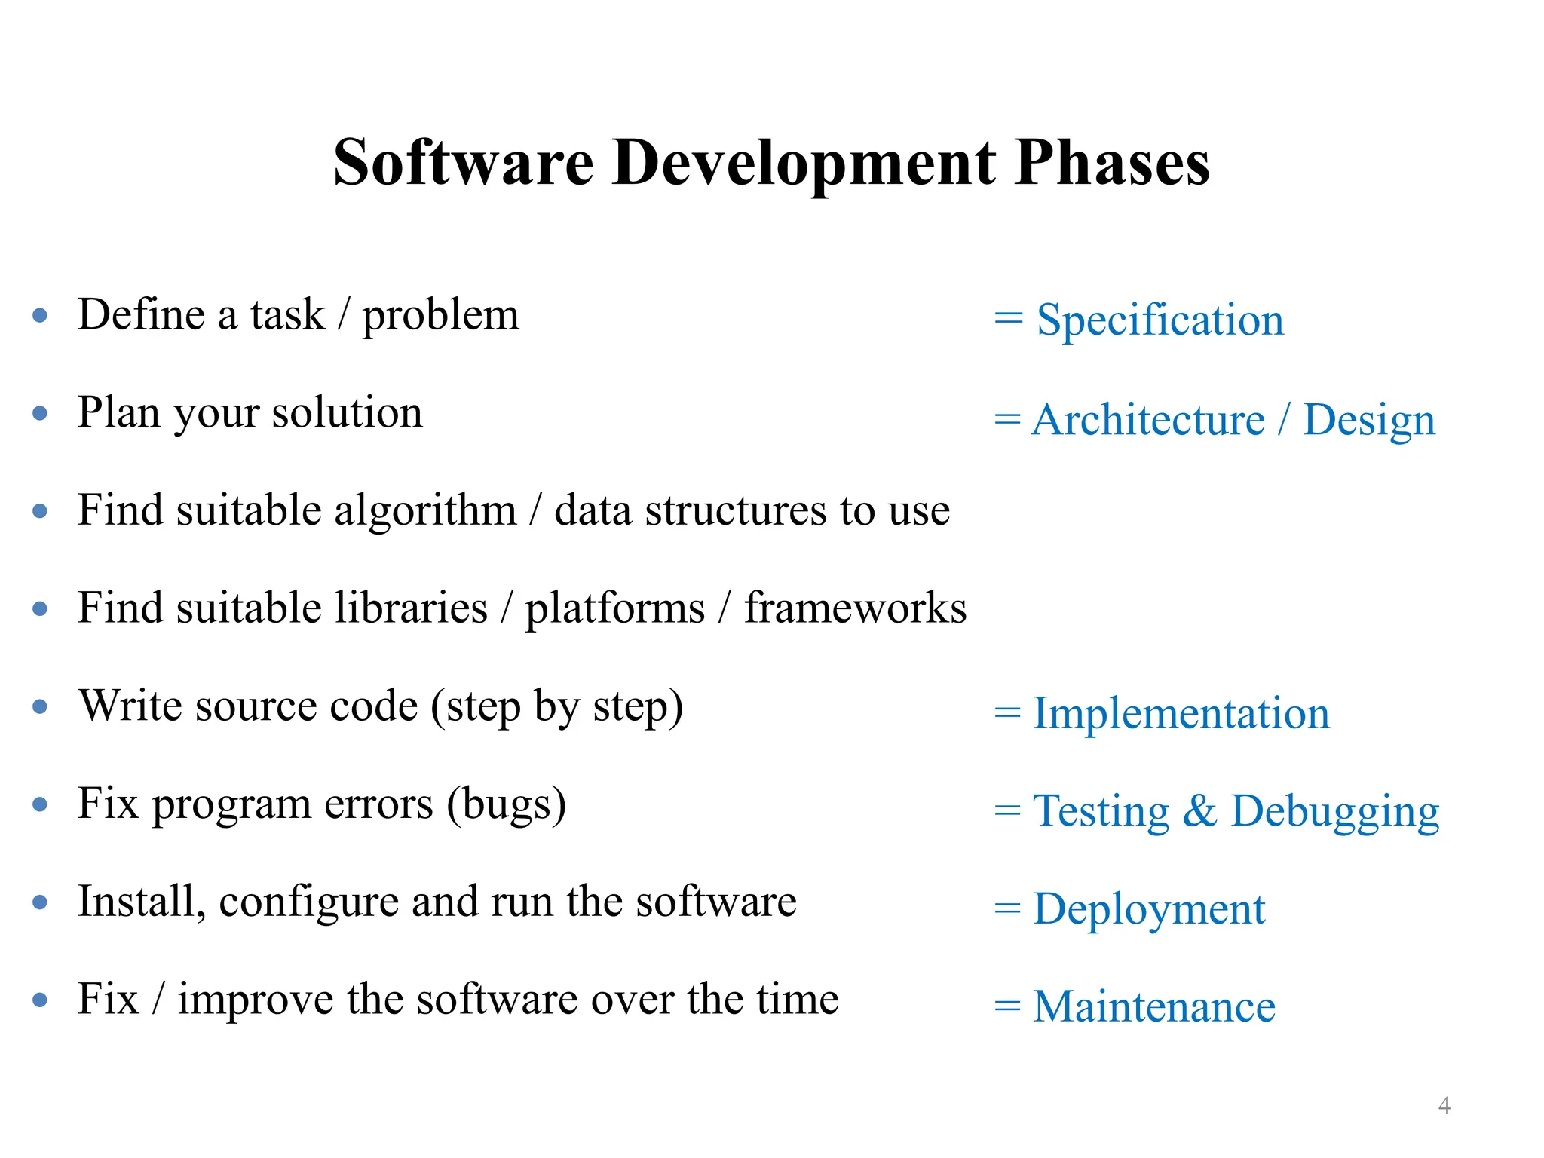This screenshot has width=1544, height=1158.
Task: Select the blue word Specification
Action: (x=1160, y=320)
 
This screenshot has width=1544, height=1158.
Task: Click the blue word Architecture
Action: (x=1147, y=419)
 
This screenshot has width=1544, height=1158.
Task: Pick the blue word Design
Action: (x=1369, y=421)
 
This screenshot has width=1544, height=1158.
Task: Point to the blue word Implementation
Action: (x=1181, y=713)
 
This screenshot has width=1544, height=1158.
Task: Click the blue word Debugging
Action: (x=1334, y=812)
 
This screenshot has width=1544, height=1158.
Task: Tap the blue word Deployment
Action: (x=1148, y=909)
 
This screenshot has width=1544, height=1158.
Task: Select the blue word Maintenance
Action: (x=1153, y=1006)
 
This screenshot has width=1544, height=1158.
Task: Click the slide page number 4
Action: (x=1444, y=1105)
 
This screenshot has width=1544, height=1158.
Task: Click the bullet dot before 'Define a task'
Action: (x=41, y=315)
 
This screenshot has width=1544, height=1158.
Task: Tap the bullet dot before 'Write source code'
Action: (x=41, y=706)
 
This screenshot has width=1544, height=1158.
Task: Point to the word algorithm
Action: (x=425, y=511)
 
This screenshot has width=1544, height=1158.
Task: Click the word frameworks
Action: (x=855, y=608)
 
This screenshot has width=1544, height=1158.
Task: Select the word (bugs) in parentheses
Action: (x=506, y=804)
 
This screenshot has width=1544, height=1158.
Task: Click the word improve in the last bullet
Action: (x=256, y=1000)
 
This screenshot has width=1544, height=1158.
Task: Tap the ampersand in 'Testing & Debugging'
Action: (x=1199, y=811)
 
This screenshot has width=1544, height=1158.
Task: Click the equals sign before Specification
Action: (x=1008, y=319)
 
